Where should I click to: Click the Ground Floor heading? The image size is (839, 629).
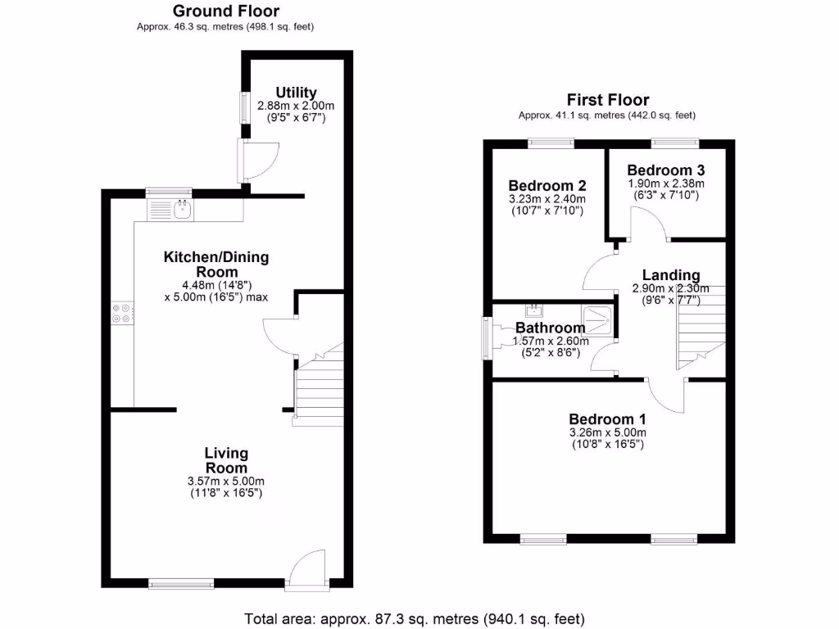(225, 11)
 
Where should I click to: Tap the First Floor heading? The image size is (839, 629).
(607, 100)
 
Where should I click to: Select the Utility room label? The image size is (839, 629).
(296, 93)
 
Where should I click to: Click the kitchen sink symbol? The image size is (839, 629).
(182, 210)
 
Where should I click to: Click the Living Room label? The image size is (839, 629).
(226, 460)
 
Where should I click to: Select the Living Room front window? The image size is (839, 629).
(180, 584)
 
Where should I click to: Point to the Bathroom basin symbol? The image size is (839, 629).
(535, 310)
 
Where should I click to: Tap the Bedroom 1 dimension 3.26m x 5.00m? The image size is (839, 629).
(608, 432)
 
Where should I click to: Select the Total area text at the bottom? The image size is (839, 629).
(419, 618)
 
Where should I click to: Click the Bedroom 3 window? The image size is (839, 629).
(674, 143)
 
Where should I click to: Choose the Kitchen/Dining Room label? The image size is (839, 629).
(216, 264)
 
